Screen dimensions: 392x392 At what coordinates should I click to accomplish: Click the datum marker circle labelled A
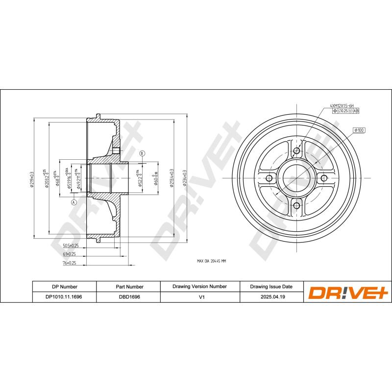pos(74,202)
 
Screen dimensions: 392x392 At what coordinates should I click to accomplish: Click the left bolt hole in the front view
pos(269,178)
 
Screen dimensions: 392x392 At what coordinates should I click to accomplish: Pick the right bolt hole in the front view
pos(323,178)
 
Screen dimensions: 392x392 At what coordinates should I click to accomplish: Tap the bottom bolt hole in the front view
pos(296,205)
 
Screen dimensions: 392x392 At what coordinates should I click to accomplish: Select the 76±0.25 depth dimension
pos(69,263)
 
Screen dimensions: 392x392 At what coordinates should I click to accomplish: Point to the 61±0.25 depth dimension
pos(69,254)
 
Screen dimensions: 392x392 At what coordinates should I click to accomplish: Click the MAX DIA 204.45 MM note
pos(211,261)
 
